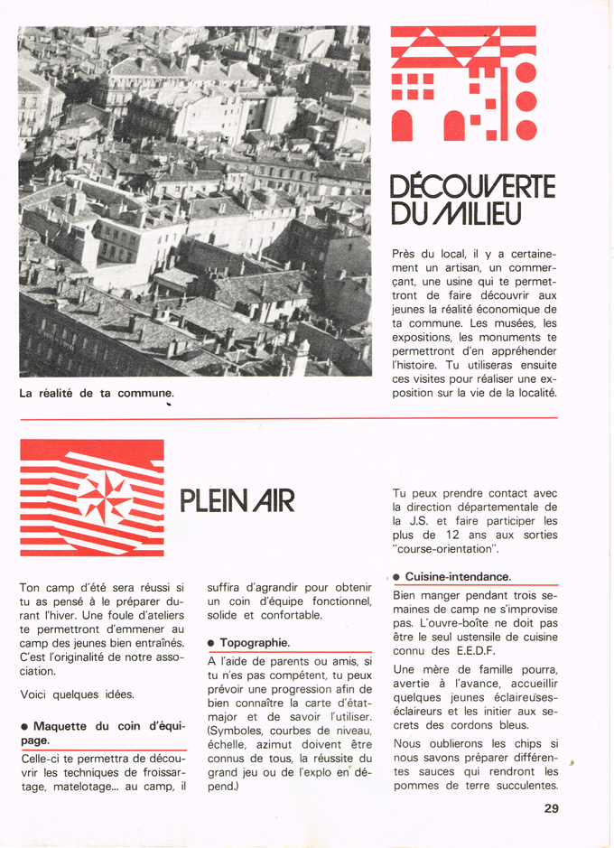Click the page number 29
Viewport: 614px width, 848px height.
tap(551, 808)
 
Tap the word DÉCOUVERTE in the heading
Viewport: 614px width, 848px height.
tap(472, 187)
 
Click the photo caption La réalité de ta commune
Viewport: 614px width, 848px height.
tap(96, 393)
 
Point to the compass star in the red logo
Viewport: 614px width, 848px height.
tap(105, 497)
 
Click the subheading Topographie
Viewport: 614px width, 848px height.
tap(254, 642)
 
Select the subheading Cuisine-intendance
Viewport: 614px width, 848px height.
tap(458, 576)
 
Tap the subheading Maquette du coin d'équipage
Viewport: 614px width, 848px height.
tap(102, 732)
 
